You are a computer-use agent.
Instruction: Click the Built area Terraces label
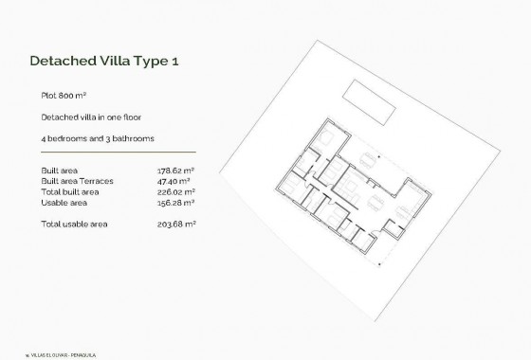(79, 181)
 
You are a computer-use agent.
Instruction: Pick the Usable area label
(64, 202)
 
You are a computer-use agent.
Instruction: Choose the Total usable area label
(75, 224)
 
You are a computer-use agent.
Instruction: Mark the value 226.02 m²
(175, 191)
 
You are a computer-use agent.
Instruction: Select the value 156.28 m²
(175, 202)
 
